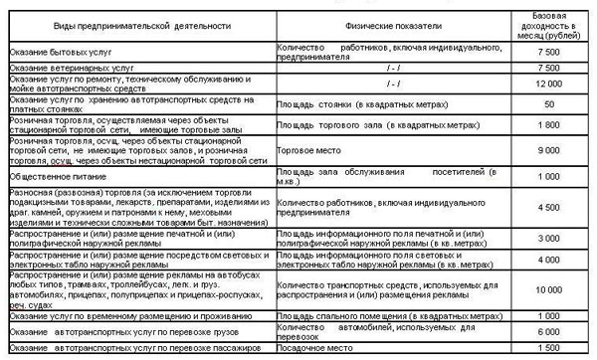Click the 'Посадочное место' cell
(316, 349)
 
